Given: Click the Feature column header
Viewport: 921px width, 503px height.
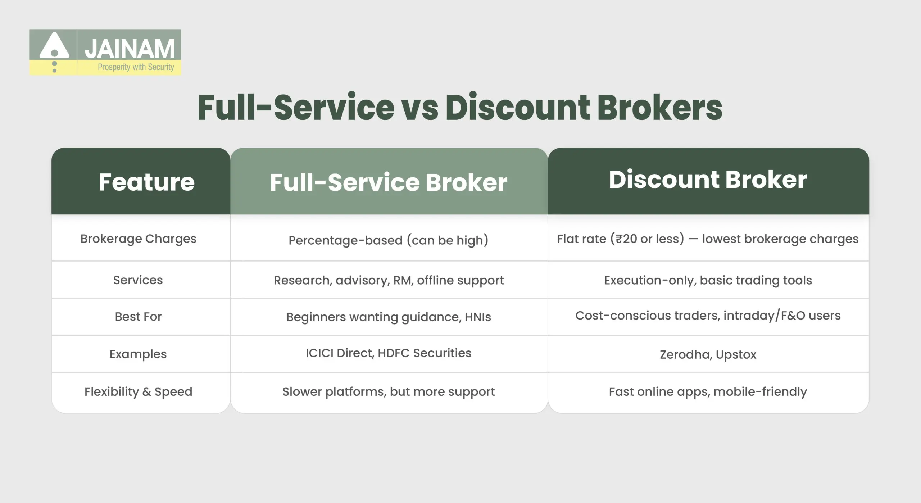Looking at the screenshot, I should click(x=146, y=182).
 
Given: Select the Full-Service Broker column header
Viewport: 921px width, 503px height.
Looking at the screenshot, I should click(x=389, y=182).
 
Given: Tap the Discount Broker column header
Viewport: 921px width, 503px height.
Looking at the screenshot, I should click(x=708, y=180).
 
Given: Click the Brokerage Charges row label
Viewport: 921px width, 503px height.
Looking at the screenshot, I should click(x=138, y=239).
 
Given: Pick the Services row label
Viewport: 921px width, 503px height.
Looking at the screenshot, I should click(x=138, y=280).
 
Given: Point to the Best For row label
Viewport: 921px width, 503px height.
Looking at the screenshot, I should click(x=138, y=317).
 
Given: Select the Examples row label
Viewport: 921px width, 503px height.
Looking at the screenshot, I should click(x=138, y=354).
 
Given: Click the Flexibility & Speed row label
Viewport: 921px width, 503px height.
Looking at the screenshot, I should click(x=138, y=391).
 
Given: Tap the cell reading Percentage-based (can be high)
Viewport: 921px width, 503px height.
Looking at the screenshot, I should click(x=389, y=240).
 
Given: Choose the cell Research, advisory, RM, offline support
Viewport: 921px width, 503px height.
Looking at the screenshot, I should click(x=389, y=280).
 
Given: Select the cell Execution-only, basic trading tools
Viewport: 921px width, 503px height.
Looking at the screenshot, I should click(x=708, y=280).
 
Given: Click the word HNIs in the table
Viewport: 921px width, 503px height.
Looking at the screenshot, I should click(x=478, y=317).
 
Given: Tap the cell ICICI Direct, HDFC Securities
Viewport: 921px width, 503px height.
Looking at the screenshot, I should click(x=389, y=353).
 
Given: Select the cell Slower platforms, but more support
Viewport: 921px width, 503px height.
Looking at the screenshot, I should click(x=389, y=391).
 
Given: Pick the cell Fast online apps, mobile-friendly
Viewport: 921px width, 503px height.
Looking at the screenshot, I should click(x=708, y=391).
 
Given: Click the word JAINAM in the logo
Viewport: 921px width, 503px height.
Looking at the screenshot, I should click(x=130, y=49).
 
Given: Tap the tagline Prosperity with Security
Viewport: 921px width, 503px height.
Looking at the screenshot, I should click(x=136, y=67).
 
